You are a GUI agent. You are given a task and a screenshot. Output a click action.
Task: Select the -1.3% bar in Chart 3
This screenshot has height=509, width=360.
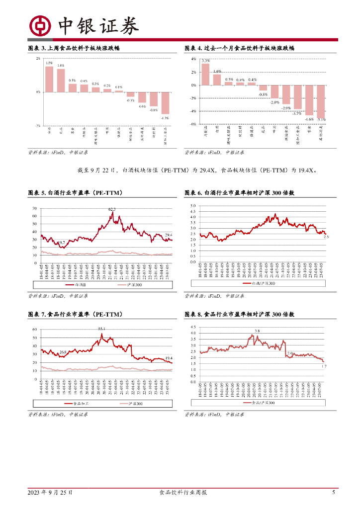pyautogui.click(x=166, y=103)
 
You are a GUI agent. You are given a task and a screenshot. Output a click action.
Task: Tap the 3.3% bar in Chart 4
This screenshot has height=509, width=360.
pyautogui.click(x=205, y=75)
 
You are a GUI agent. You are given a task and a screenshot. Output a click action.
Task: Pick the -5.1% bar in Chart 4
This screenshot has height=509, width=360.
pyautogui.click(x=321, y=101)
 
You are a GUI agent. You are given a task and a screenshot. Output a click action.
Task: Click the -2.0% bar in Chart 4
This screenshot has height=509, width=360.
pyautogui.click(x=274, y=92)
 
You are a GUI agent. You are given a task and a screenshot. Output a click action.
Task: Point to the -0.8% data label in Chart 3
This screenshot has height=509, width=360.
pyautogui.click(x=154, y=110)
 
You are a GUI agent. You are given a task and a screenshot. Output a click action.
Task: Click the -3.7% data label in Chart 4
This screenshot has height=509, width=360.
pyautogui.click(x=297, y=113)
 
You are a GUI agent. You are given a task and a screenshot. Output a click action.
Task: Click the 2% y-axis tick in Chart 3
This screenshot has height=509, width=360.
pyautogui.click(x=38, y=59)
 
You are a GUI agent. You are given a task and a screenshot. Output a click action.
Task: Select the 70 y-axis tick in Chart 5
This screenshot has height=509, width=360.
pyautogui.click(x=34, y=208)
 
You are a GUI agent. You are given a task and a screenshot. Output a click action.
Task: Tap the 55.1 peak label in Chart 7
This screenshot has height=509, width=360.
pyautogui.click(x=101, y=329)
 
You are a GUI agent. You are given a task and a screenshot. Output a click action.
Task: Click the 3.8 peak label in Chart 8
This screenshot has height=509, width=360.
pyautogui.click(x=257, y=331)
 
